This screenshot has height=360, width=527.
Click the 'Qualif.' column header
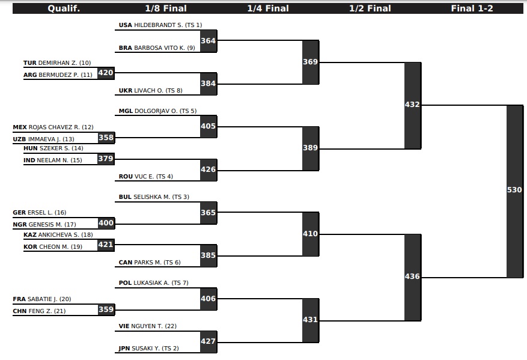[x=64, y=8]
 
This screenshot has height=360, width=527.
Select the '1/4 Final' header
[x=268, y=8]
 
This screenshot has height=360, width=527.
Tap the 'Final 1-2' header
[x=472, y=8]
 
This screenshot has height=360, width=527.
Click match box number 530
[x=514, y=190]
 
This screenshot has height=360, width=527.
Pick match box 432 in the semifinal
[x=412, y=105]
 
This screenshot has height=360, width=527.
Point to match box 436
[x=412, y=276]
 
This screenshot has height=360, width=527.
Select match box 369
[x=310, y=62]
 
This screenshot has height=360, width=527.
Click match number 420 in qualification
[x=106, y=73]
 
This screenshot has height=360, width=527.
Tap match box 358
[x=106, y=138]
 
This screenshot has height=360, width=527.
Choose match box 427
[x=208, y=341]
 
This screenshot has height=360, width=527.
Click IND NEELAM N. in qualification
[x=53, y=160]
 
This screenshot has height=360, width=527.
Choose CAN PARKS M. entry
[x=150, y=263]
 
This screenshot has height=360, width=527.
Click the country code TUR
[x=29, y=63]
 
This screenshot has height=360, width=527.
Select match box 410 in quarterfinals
[x=310, y=234]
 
